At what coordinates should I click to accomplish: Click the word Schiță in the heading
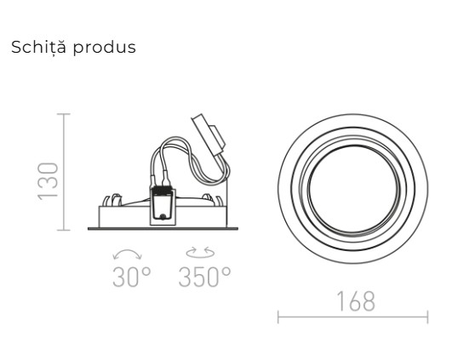[x=37, y=47]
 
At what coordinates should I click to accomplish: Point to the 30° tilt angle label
[x=131, y=277]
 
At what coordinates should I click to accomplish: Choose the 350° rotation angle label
[x=204, y=277]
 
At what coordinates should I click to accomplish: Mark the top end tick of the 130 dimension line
[x=64, y=114]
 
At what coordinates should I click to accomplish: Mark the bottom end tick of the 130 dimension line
[x=64, y=229]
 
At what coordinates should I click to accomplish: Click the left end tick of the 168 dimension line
[x=278, y=318]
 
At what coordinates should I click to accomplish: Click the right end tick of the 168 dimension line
[x=427, y=318]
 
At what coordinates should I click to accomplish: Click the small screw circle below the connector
[x=162, y=217]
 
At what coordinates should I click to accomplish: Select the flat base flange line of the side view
[x=162, y=228]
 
